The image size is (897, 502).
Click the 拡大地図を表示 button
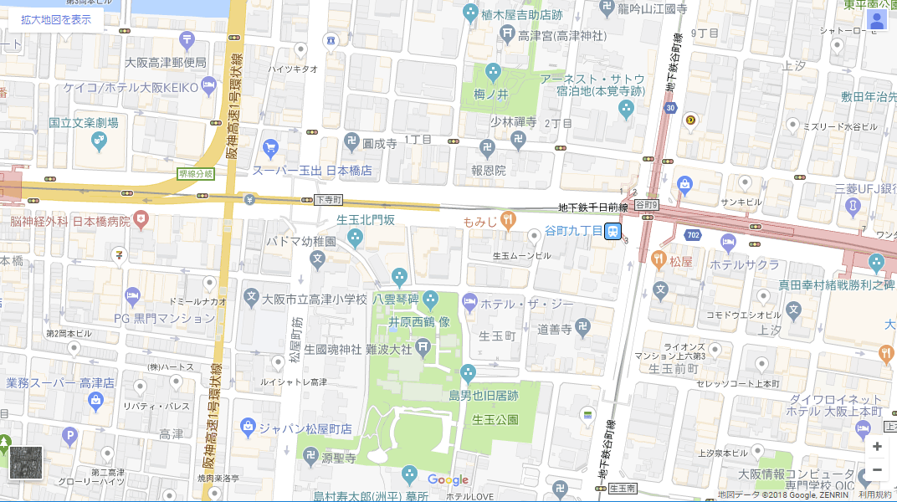56,19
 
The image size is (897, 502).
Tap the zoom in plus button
877,447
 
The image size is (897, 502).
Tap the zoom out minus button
877,470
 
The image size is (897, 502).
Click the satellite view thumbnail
25,463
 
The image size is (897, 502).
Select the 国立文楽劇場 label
83,123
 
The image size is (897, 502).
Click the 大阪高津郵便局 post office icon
186,39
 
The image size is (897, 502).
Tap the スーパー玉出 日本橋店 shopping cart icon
269,149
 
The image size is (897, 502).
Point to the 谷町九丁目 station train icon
613,230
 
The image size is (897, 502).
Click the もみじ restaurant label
480,222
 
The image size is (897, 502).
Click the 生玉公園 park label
495,419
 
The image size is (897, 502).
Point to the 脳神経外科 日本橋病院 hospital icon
141,221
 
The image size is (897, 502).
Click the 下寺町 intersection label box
328,200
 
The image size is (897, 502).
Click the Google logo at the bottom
448,480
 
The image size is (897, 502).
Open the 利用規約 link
876,495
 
